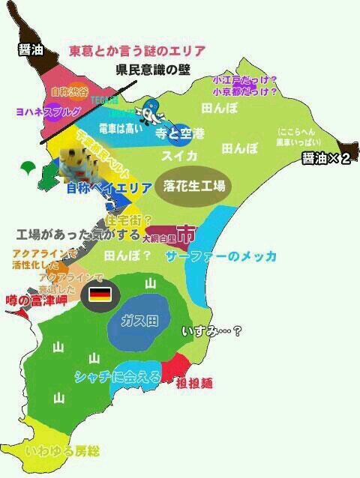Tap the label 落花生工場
(x=194, y=186)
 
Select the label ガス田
(x=142, y=321)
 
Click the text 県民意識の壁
(x=154, y=70)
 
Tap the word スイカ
(x=179, y=156)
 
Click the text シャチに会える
(x=118, y=378)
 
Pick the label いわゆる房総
(x=62, y=452)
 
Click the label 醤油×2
(x=325, y=158)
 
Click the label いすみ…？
(x=212, y=330)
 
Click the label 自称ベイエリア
(x=104, y=187)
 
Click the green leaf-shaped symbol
(x=29, y=166)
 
